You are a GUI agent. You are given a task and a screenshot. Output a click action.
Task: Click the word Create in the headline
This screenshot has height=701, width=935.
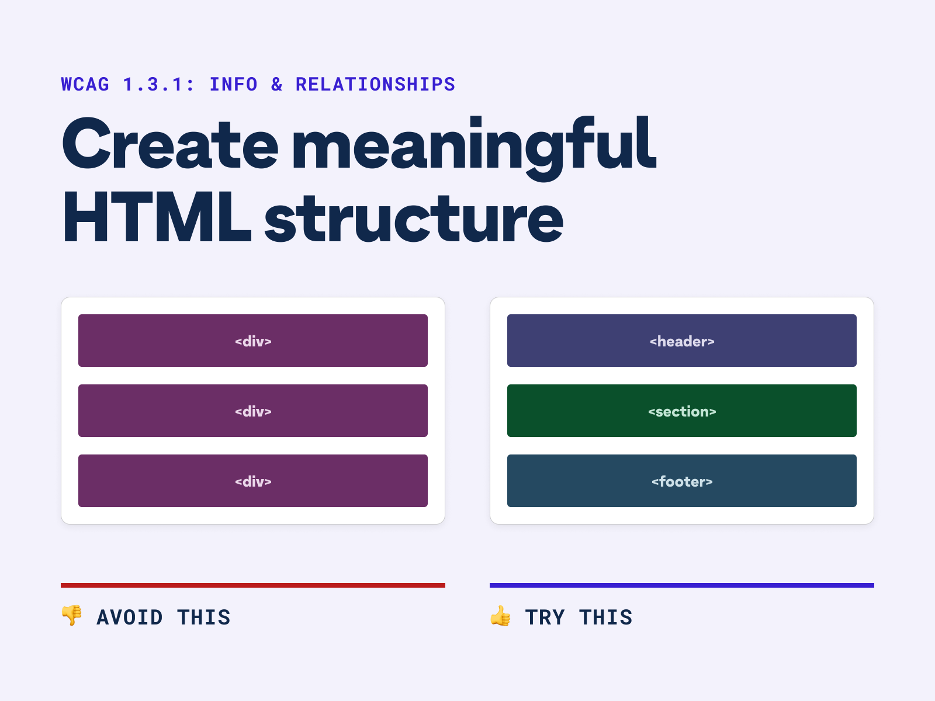coord(169,144)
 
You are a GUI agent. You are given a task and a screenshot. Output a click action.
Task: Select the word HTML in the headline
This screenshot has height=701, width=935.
coord(157,217)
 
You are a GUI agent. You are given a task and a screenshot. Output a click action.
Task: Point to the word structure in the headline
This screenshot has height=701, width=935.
coord(414,218)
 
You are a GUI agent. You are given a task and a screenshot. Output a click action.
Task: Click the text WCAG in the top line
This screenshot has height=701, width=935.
coord(85,85)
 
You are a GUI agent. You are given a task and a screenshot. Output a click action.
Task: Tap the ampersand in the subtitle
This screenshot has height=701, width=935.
coord(277,85)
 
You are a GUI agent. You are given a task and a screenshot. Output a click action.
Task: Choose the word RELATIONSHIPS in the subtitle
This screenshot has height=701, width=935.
coord(375,85)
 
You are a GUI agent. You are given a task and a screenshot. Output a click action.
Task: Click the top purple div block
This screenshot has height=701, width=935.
coord(253,341)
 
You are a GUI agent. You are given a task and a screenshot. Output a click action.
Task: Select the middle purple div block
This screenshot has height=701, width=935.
coord(253,411)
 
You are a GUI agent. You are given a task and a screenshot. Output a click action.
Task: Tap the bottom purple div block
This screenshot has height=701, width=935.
coord(253,481)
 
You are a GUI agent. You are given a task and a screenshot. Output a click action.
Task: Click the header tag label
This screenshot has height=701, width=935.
coord(682,341)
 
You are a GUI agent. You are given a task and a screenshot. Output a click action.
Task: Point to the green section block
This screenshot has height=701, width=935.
coord(682,411)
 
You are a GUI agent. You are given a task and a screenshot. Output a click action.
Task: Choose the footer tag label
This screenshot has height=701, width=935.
coord(682,481)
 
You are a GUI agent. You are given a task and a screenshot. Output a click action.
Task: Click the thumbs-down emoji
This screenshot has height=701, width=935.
coord(72,616)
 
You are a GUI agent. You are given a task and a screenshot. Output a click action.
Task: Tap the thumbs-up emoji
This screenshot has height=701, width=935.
coord(501,616)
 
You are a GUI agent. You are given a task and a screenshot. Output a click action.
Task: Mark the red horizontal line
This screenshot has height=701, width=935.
coord(253,585)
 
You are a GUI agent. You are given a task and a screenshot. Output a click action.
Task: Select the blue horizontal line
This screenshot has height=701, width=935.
coord(682,585)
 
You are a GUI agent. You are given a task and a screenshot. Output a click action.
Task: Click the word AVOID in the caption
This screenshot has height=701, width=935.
coord(130,617)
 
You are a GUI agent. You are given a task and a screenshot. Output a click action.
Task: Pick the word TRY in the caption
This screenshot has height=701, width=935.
coord(545,617)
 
